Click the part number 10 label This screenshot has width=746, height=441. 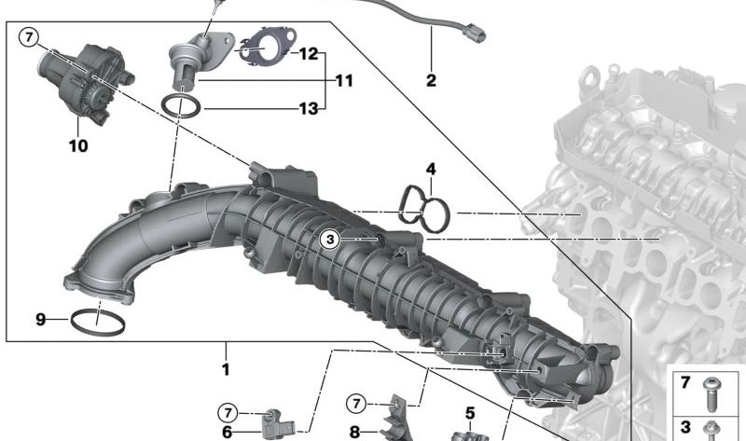click(x=78, y=145)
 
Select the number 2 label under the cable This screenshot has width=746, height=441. click(x=431, y=80)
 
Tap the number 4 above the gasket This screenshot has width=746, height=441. click(x=431, y=169)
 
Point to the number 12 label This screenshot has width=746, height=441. click(x=309, y=53)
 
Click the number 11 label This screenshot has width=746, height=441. click(x=344, y=80)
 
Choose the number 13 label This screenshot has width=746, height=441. click(x=309, y=109)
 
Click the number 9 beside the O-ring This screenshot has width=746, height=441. click(x=41, y=319)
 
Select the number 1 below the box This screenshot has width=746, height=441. click(x=226, y=369)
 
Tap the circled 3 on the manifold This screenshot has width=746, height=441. click(x=330, y=240)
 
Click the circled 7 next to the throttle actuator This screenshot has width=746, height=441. click(x=29, y=36)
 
